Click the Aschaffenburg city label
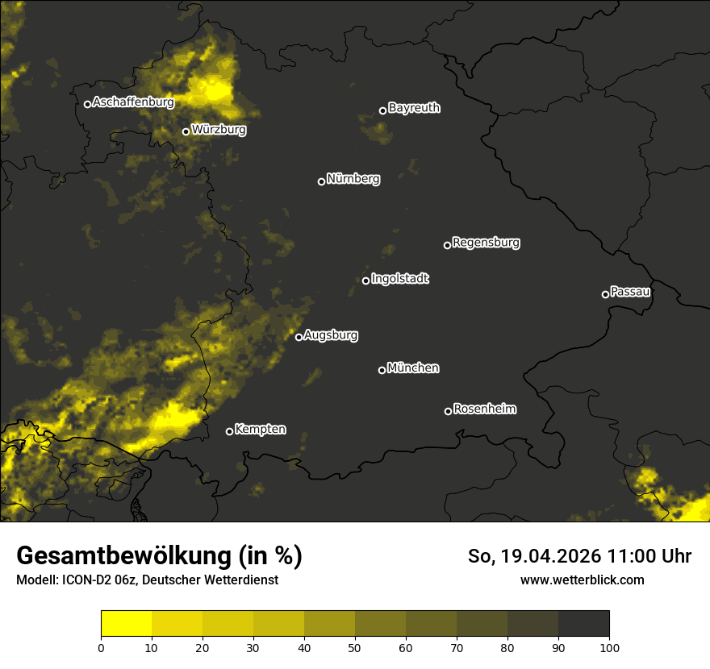(133, 102)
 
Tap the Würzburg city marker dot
(186, 131)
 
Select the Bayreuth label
(414, 108)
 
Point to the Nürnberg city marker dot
(321, 181)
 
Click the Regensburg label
(486, 242)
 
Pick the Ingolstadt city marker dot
(365, 280)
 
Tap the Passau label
(630, 291)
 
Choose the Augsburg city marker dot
(299, 337)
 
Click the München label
(413, 368)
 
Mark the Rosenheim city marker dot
(448, 412)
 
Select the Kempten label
(260, 429)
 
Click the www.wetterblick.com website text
(582, 580)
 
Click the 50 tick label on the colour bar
(355, 647)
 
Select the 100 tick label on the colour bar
(609, 647)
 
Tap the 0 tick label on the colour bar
(101, 647)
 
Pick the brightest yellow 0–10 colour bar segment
(127, 624)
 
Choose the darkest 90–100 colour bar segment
(583, 624)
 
